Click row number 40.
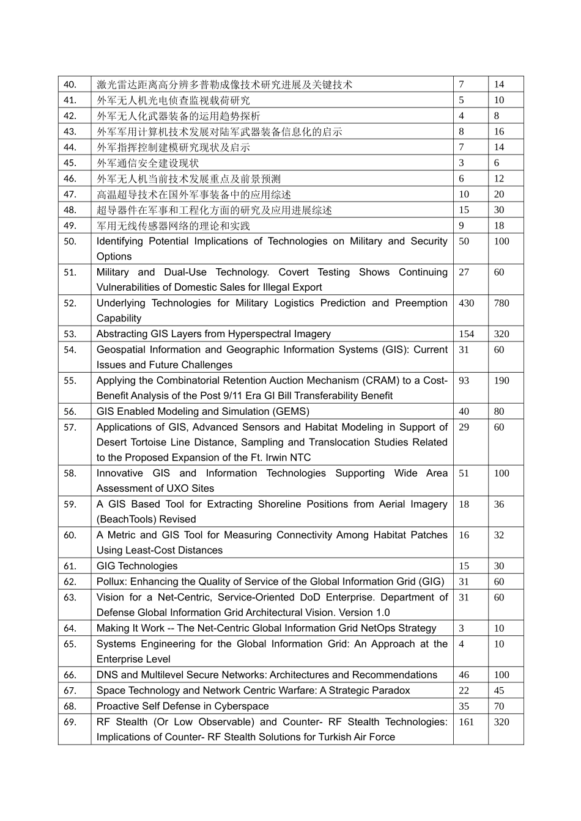[70, 85]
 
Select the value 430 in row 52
[466, 303]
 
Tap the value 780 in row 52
[501, 303]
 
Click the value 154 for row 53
[466, 334]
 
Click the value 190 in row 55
[501, 381]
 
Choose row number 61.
[70, 566]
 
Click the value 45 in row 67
[499, 690]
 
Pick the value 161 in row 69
[466, 722]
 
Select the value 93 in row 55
[464, 381]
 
